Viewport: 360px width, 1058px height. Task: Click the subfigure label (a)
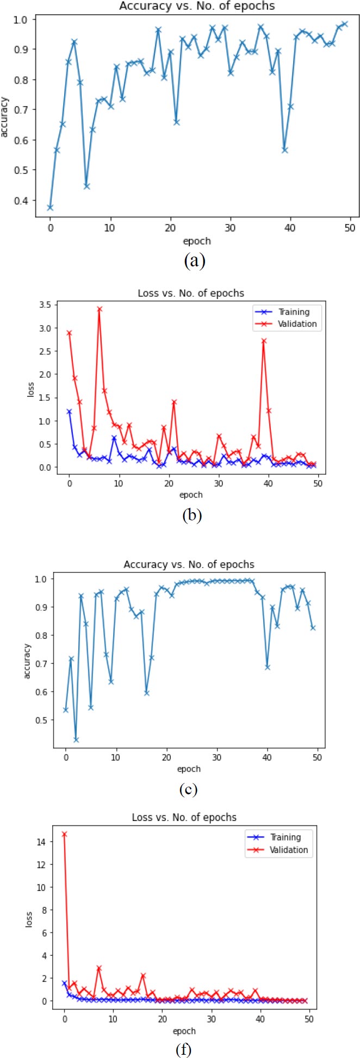194,262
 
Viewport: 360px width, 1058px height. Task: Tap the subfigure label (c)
188,789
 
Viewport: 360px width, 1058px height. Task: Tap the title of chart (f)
184,817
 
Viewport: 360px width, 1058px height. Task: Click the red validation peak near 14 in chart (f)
64,834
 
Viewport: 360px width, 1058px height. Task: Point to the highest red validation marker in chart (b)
99,309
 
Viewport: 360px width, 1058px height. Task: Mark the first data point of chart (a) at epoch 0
50,208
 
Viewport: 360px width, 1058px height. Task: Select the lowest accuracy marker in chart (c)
76,740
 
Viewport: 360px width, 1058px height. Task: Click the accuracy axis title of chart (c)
27,661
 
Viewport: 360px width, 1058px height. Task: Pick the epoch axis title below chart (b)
191,495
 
